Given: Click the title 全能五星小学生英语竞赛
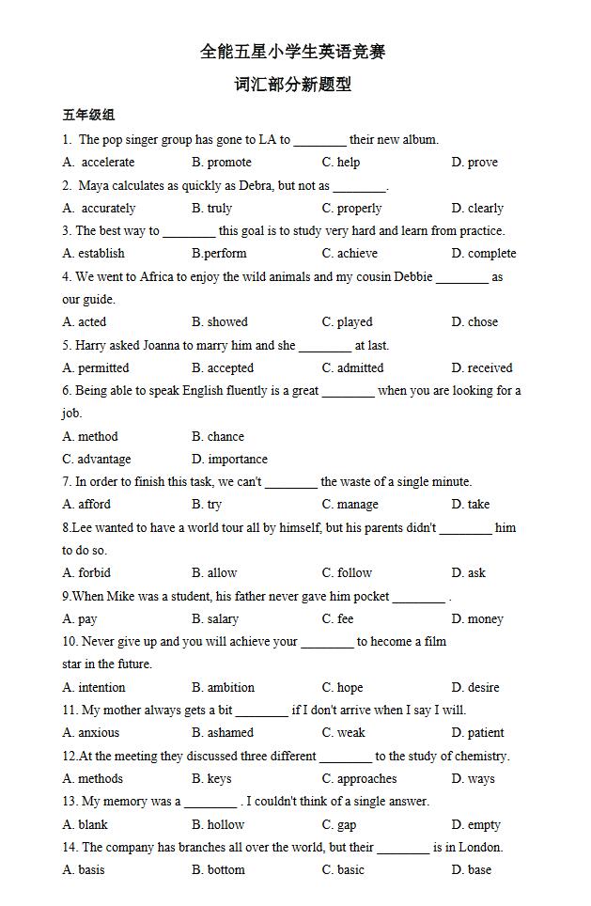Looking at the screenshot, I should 293,52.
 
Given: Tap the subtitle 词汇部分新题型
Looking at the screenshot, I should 293,85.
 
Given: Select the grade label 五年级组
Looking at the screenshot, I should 88,115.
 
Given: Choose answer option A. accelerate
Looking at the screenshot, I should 99,163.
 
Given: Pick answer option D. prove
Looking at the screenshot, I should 474,163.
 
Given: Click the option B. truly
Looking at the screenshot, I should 212,209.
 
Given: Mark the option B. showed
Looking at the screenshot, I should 220,322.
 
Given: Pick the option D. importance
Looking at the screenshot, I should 229,460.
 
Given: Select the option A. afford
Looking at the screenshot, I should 86,505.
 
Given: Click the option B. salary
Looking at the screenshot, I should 215,619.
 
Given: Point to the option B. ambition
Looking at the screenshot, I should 223,688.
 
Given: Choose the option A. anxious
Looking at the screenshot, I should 91,733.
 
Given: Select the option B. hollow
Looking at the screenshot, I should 218,825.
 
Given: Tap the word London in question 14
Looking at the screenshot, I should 480,848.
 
